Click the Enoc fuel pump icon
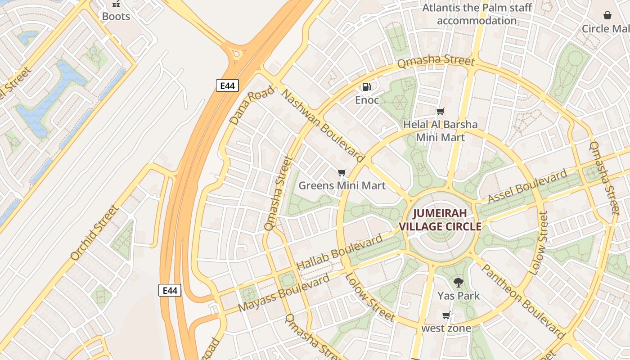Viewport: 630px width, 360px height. tap(367, 86)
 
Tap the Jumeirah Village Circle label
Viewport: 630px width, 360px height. tap(441, 220)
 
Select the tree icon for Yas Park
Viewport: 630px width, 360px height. tap(459, 283)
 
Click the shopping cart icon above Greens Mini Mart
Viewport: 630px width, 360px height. tap(342, 172)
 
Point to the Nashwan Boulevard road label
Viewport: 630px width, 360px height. tap(323, 125)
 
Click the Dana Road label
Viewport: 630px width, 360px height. tap(252, 105)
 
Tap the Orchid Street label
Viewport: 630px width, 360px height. tap(95, 233)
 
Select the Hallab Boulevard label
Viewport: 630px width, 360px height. tap(340, 252)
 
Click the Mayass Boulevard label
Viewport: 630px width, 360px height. tap(284, 293)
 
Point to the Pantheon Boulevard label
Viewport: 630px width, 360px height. tap(523, 301)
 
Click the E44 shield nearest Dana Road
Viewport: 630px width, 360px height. tap(227, 85)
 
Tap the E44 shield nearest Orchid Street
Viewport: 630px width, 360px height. tap(170, 290)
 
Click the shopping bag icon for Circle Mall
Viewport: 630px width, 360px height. tap(607, 15)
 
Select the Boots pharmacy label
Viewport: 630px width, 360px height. tap(116, 17)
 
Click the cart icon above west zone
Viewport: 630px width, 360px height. tap(446, 315)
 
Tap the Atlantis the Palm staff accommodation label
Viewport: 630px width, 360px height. tap(477, 14)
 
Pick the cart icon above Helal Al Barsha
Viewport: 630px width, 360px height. tap(441, 111)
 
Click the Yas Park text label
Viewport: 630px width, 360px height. tap(459, 296)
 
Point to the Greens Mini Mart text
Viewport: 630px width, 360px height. tap(342, 185)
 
